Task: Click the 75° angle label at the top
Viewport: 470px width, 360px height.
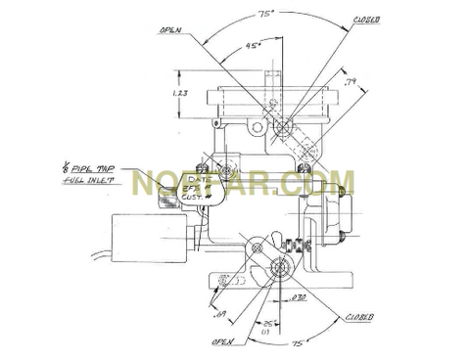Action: click(x=265, y=14)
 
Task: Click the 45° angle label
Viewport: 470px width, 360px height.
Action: click(x=254, y=45)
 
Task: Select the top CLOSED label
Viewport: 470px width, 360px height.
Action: click(x=366, y=20)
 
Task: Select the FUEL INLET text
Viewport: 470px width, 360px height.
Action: click(x=85, y=179)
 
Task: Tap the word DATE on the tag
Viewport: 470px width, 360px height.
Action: click(x=200, y=179)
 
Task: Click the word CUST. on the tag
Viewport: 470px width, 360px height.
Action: click(x=194, y=198)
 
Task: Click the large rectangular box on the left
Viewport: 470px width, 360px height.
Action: click(x=149, y=237)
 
